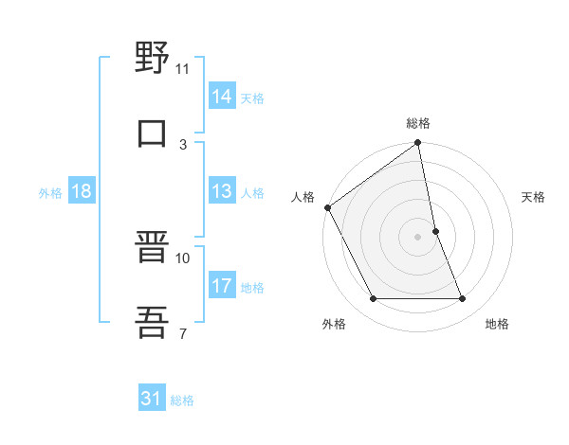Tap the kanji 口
point(152,132)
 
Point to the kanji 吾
point(152,321)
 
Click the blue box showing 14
point(222,96)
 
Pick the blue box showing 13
point(222,191)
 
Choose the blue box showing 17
point(222,286)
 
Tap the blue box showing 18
point(82,191)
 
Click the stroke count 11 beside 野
point(183,69)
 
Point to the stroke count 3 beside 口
point(183,144)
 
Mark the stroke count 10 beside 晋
point(183,258)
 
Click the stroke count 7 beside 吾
point(183,333)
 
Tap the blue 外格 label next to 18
point(50,193)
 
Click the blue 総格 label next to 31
point(182,401)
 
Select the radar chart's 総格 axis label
point(418,123)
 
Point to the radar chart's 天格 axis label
point(534,197)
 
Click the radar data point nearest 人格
point(327,207)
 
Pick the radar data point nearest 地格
point(462,299)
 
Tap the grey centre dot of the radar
point(418,237)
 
